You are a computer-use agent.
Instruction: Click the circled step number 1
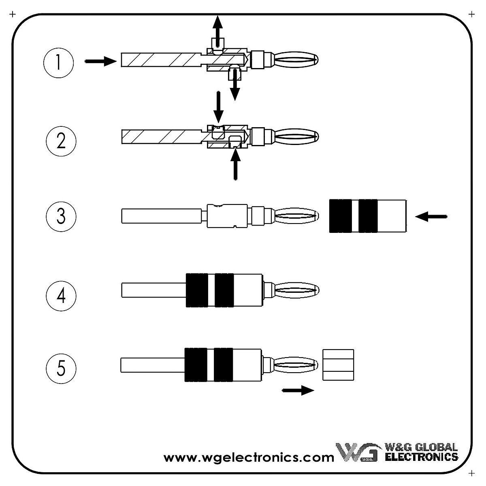(x=58, y=63)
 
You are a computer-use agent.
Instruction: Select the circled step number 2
(x=61, y=141)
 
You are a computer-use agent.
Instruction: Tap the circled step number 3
(x=61, y=216)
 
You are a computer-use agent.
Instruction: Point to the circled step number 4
(x=61, y=295)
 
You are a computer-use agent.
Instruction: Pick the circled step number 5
(x=61, y=368)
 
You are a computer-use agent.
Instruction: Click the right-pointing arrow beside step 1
(x=100, y=61)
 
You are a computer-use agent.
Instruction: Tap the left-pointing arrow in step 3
(x=431, y=217)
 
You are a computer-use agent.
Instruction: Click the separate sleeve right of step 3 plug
(x=368, y=216)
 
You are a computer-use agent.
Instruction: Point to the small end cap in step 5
(x=338, y=365)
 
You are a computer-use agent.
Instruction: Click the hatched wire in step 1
(x=162, y=60)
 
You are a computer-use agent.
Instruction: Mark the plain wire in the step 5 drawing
(x=152, y=365)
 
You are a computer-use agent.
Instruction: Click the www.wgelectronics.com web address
(x=249, y=458)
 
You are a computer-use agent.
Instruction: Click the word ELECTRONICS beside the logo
(x=421, y=457)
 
